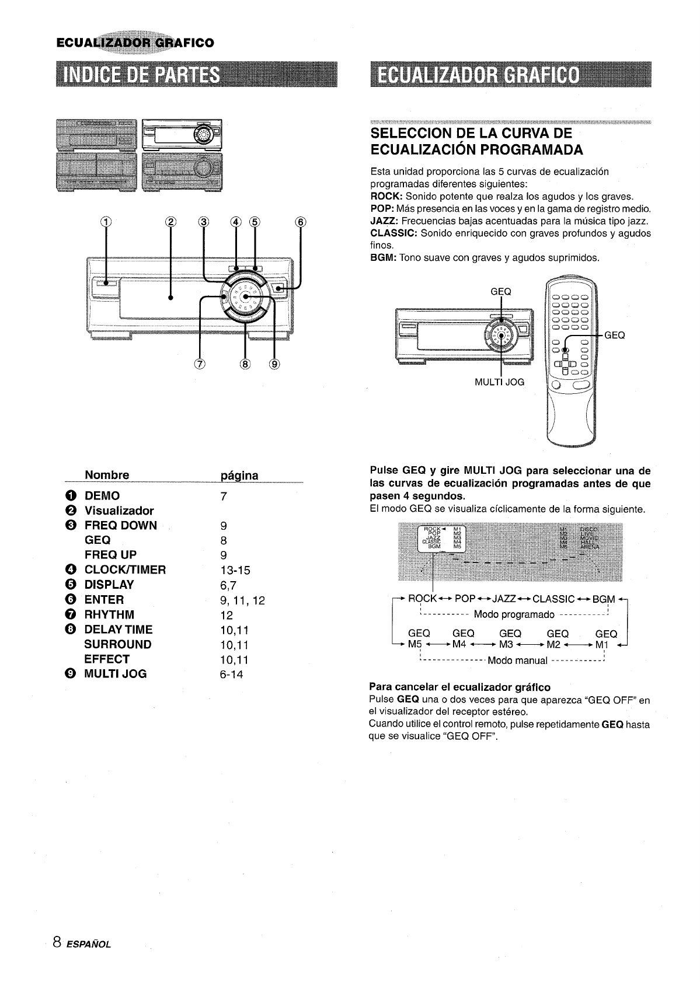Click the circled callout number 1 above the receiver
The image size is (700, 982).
[106, 222]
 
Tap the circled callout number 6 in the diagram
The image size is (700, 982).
[301, 222]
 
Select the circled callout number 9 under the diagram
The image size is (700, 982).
[274, 365]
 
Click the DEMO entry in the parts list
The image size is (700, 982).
[102, 496]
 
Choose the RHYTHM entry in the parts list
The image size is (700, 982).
[109, 614]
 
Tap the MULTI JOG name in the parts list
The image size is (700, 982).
[116, 674]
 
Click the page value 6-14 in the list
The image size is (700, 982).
[232, 675]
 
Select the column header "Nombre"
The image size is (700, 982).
[107, 474]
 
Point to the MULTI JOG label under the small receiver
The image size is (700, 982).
[500, 382]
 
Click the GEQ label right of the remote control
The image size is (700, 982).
[614, 335]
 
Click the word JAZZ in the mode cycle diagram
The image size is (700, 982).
[504, 599]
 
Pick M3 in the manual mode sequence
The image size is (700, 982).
[506, 645]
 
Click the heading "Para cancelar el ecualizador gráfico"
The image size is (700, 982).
[460, 687]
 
